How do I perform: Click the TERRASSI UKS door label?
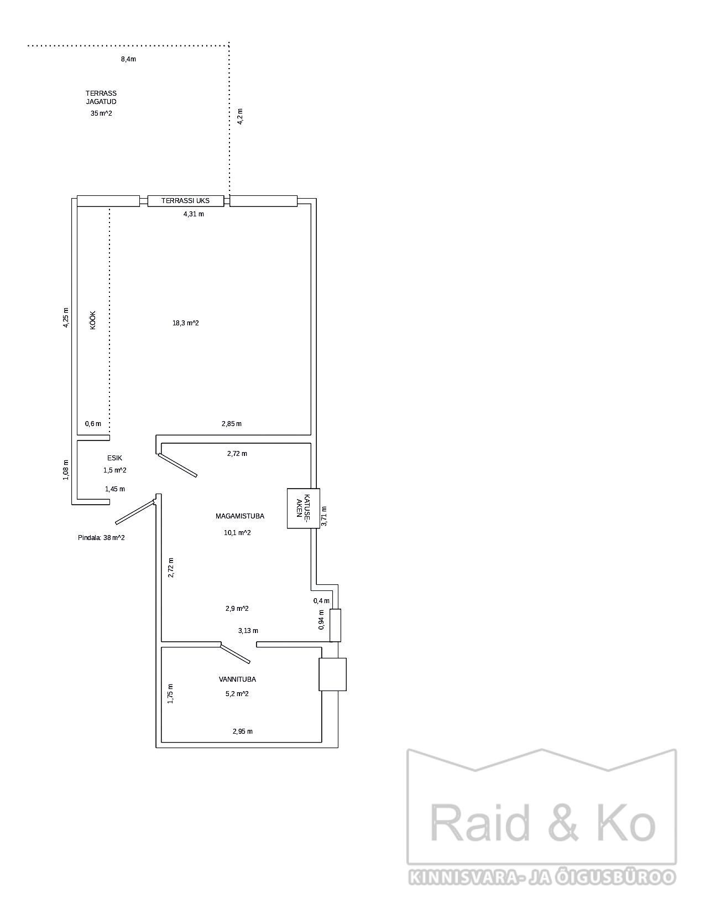185,201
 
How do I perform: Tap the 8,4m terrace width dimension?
128,59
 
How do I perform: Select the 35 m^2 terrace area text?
101,113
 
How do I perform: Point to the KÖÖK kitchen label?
93,320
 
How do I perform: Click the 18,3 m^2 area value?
186,323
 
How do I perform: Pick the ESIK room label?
114,458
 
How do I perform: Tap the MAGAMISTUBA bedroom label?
240,516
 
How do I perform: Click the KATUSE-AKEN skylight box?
304,509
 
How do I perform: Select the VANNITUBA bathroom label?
237,679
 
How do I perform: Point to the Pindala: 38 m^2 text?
101,537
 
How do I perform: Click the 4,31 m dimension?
194,214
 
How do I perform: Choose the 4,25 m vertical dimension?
65,318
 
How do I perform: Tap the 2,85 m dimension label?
232,423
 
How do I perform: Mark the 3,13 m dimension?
248,631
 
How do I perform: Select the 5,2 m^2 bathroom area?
237,694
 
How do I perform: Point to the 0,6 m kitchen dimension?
93,423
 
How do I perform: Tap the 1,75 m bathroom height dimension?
170,694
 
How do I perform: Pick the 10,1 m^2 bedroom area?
237,533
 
